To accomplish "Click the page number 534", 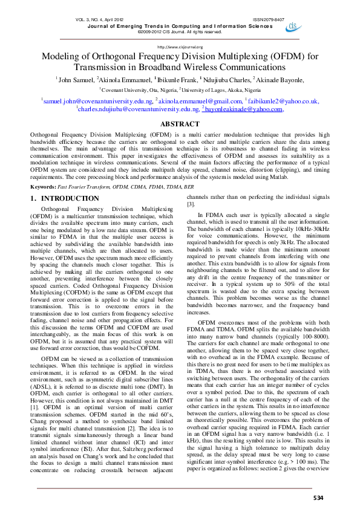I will pos(318,497).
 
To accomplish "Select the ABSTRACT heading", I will pos(180,123).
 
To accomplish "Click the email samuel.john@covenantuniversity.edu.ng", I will pos(97,101).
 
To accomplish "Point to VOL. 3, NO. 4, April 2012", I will pos(101,20).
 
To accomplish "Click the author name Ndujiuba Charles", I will pos(223,79).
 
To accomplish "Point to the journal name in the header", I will pos(180,26).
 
